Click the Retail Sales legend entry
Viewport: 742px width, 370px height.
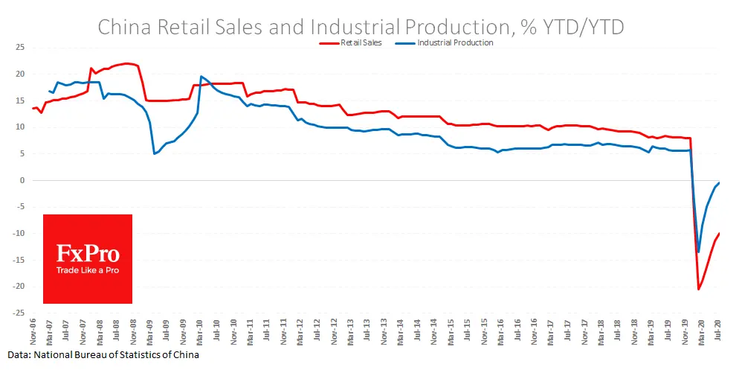click(361, 43)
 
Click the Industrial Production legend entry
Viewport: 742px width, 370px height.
click(455, 43)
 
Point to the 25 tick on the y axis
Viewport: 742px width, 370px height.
click(21, 48)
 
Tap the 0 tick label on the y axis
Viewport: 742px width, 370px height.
click(22, 180)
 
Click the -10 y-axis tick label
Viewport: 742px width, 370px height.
click(19, 234)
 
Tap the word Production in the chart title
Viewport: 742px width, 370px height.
click(454, 27)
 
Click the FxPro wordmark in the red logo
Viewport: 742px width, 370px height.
click(88, 253)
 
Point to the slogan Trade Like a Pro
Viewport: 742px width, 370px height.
click(88, 270)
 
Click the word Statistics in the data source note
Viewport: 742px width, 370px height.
click(139, 355)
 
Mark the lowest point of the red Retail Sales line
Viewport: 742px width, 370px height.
click(699, 289)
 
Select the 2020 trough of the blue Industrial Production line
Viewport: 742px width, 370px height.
click(698, 252)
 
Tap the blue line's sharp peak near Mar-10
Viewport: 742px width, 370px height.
click(201, 76)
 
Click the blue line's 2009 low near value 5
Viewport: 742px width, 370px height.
click(154, 153)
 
